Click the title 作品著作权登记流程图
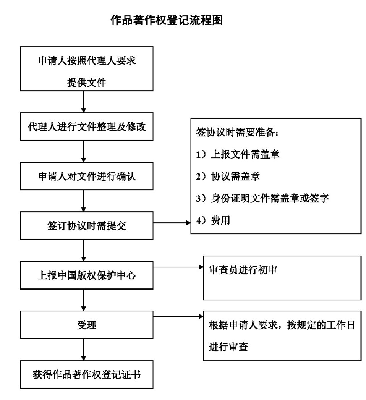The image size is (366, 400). point(167,21)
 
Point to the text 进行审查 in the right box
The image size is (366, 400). point(228,347)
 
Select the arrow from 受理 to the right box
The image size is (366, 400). point(178,317)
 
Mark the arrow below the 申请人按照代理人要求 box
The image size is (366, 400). point(83,102)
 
